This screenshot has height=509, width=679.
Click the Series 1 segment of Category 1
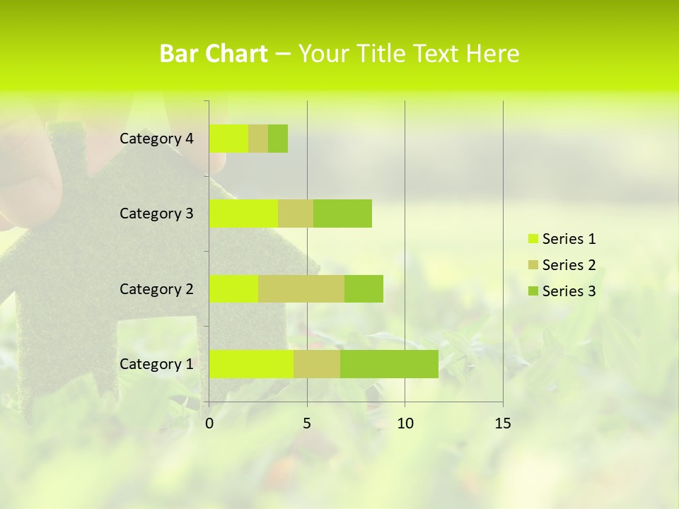pyautogui.click(x=251, y=363)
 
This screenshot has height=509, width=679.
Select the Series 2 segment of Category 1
pyautogui.click(x=317, y=363)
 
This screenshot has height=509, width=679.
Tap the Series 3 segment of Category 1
pyautogui.click(x=389, y=363)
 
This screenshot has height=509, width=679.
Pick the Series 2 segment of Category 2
pyautogui.click(x=301, y=288)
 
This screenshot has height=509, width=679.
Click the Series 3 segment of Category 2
pyautogui.click(x=364, y=288)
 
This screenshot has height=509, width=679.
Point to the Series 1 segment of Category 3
pyautogui.click(x=243, y=213)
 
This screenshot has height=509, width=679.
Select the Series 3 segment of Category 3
pyautogui.click(x=342, y=213)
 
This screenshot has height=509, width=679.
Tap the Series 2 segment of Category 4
pyautogui.click(x=258, y=139)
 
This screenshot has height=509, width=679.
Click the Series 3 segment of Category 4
pyautogui.click(x=278, y=139)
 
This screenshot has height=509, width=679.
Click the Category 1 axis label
pyautogui.click(x=156, y=364)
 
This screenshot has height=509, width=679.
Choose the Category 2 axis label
pyautogui.click(x=156, y=289)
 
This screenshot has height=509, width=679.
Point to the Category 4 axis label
pyautogui.click(x=156, y=139)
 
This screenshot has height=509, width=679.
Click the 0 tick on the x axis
pyautogui.click(x=209, y=423)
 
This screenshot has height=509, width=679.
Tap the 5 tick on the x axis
pyautogui.click(x=307, y=423)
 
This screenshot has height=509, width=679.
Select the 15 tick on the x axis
pyautogui.click(x=503, y=423)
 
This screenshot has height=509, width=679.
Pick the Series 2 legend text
pyautogui.click(x=569, y=265)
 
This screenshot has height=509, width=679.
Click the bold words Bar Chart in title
pyautogui.click(x=214, y=54)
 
